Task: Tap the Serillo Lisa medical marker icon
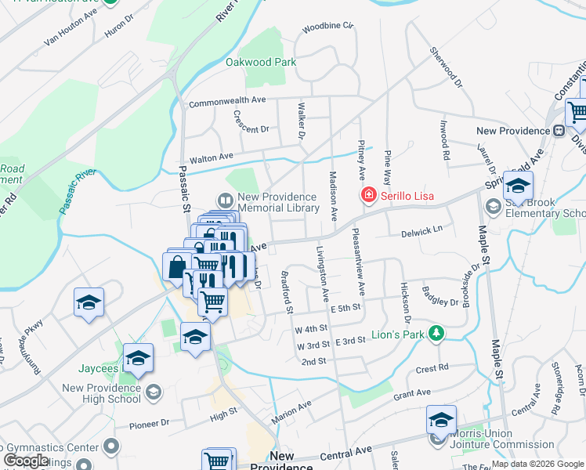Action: pyautogui.click(x=366, y=195)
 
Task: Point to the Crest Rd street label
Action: pyautogui.click(x=432, y=367)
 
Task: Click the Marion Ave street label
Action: pyautogui.click(x=291, y=413)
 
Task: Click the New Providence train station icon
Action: pyautogui.click(x=559, y=131)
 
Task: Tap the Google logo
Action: pyautogui.click(x=26, y=461)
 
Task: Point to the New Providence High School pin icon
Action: pyautogui.click(x=154, y=391)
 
